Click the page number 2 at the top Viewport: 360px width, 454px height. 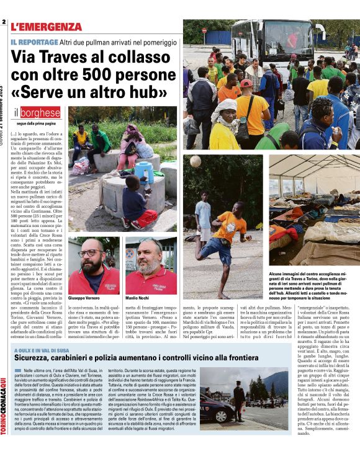(4, 23)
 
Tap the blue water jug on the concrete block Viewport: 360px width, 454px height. (144, 172)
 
